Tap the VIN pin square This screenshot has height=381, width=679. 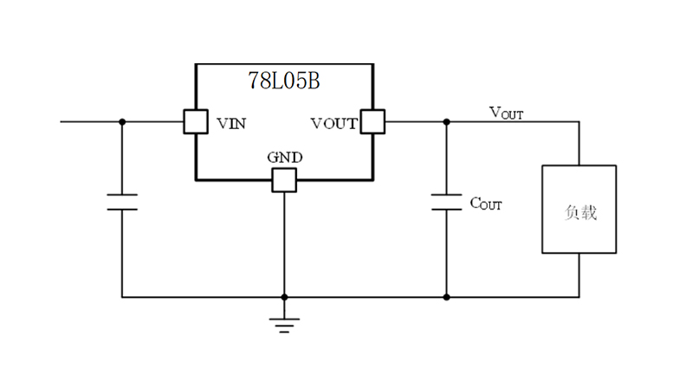[x=194, y=122]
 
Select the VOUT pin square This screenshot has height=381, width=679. [x=372, y=122]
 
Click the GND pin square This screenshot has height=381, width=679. [x=284, y=180]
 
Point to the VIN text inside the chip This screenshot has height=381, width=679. [x=230, y=123]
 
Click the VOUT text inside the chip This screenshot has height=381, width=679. [x=333, y=123]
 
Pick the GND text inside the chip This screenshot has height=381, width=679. [x=284, y=158]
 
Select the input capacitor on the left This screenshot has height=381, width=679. [x=122, y=203]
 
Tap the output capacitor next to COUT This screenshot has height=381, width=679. [x=447, y=203]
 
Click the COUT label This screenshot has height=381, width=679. [x=485, y=204]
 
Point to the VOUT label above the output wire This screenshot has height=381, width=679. [x=506, y=112]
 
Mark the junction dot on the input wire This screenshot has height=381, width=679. [x=122, y=122]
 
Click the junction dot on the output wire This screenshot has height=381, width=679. [x=447, y=122]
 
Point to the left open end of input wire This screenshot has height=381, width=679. [x=62, y=122]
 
